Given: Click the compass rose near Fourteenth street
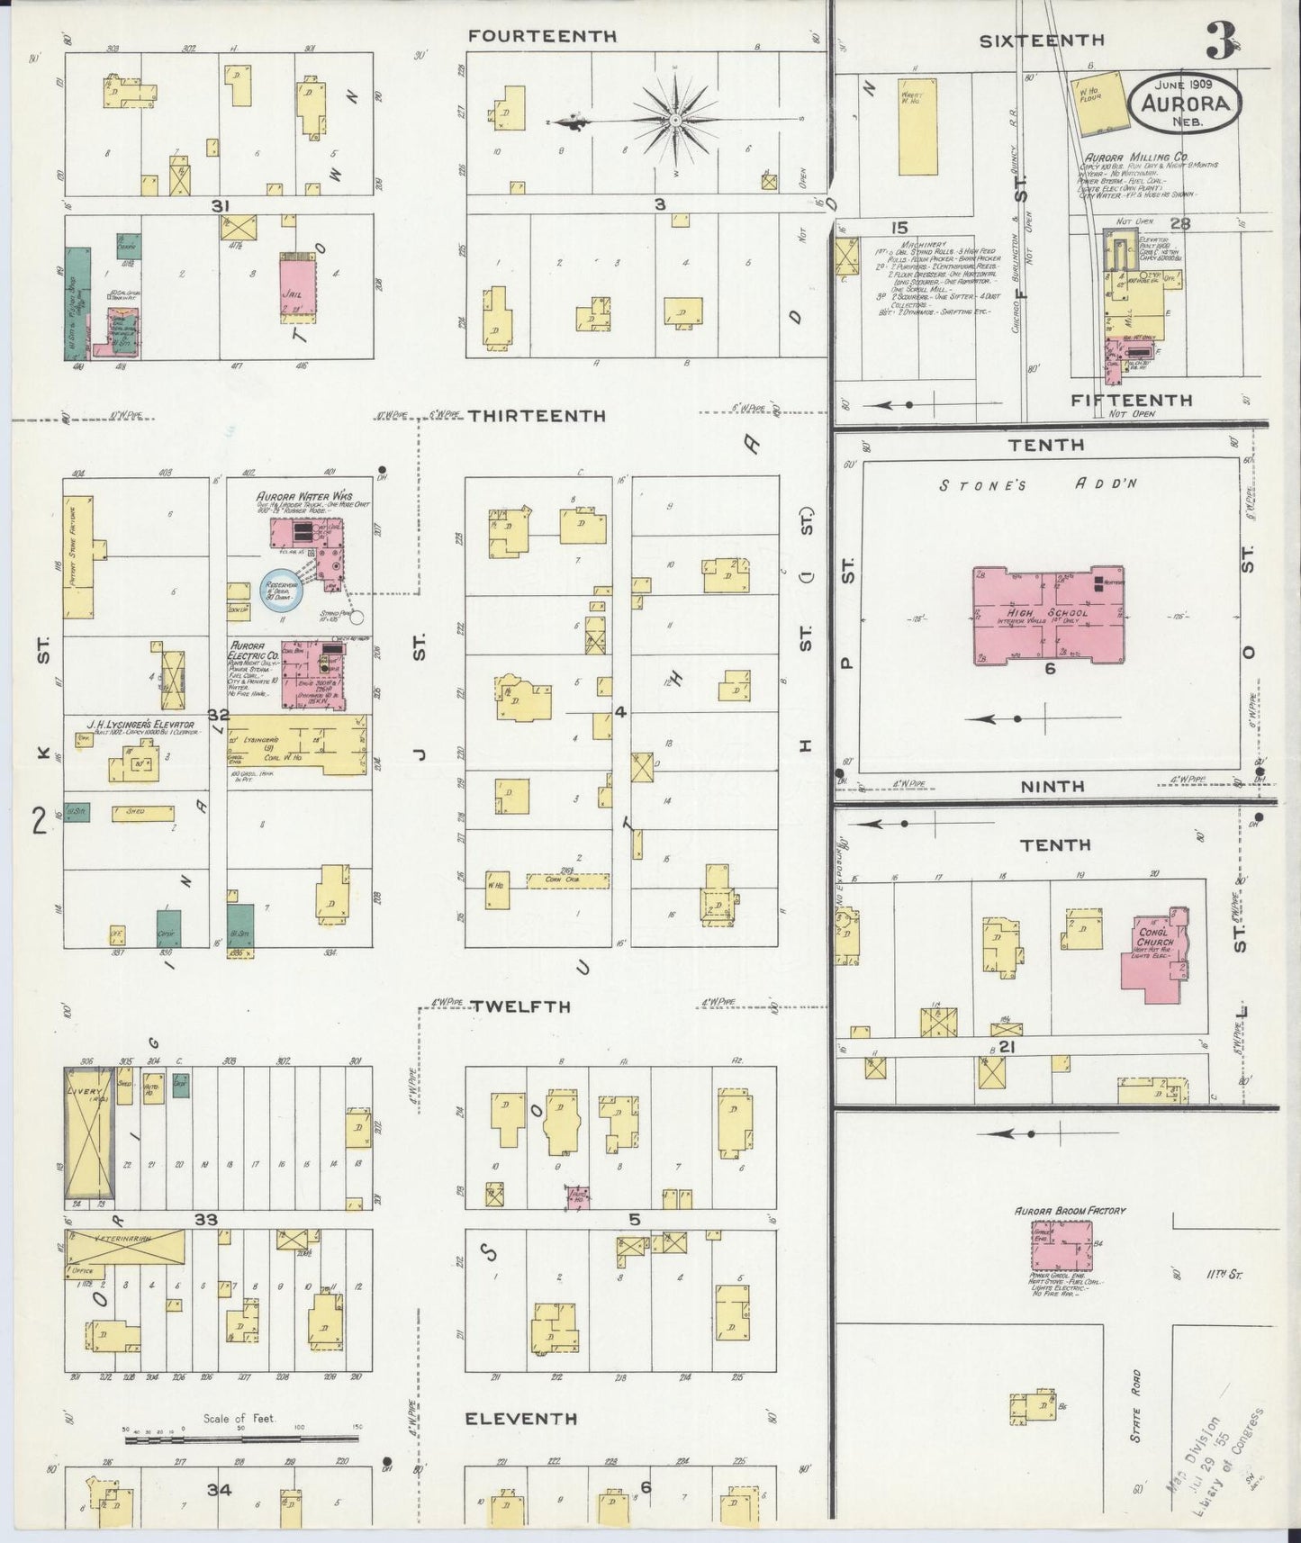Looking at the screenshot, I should coord(674,120).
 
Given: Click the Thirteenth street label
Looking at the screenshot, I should coord(537,416).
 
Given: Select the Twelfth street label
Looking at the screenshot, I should coord(522,1006).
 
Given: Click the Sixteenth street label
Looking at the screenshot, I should coord(1042,40).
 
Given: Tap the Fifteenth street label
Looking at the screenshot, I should coord(1132,400).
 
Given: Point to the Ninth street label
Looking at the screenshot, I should coord(1053,786).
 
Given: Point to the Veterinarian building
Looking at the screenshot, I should coord(126,1248).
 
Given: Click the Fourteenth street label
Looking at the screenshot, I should coord(542,36).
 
